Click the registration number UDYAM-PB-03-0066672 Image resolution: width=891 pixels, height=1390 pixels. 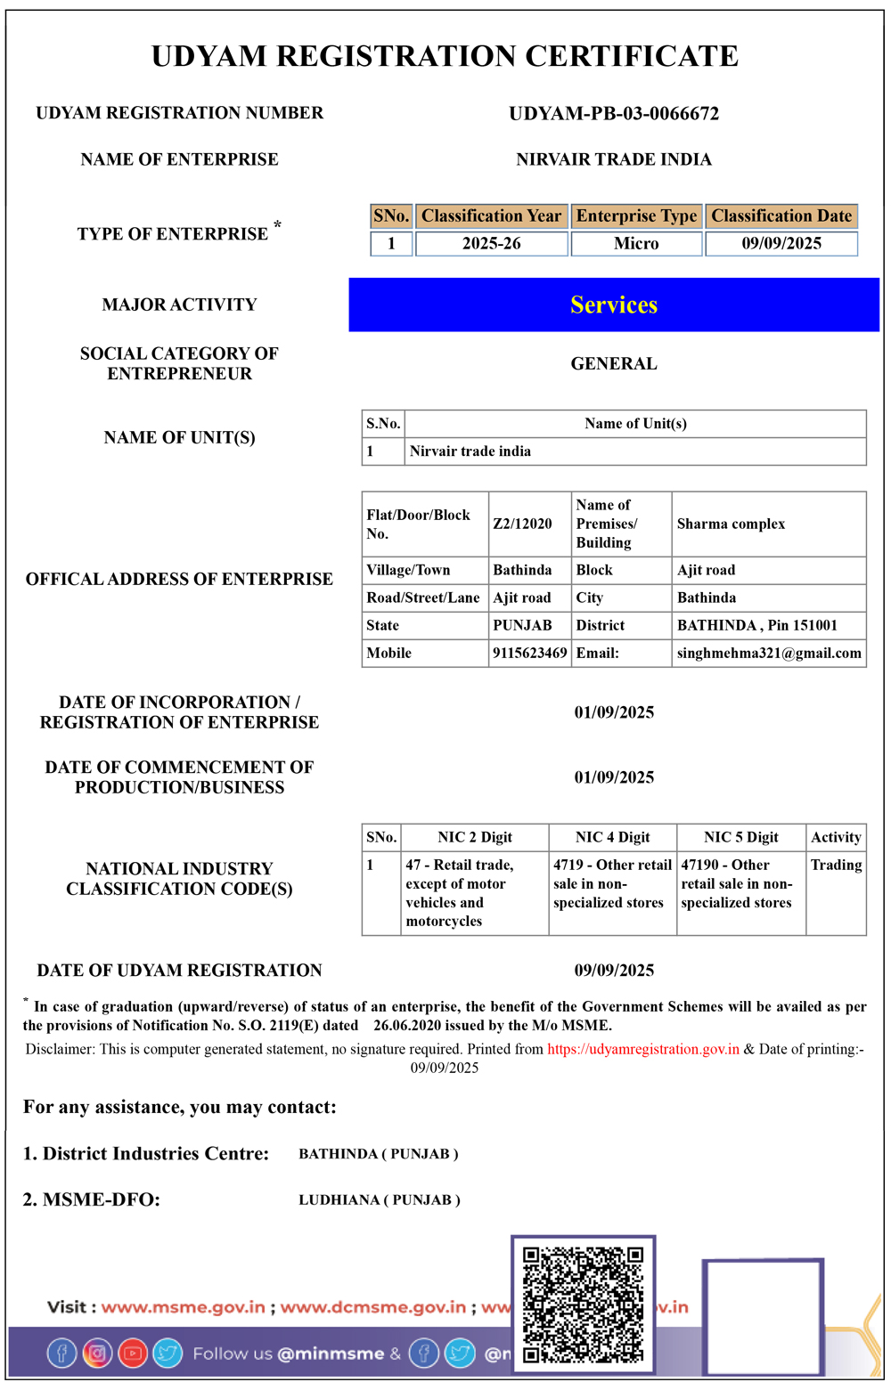(x=614, y=114)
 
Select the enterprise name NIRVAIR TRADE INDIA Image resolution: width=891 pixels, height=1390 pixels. (x=614, y=159)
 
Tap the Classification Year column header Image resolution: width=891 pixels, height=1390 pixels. (x=491, y=216)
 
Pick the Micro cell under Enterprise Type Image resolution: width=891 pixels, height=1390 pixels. (x=636, y=244)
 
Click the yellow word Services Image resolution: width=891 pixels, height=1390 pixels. (x=614, y=305)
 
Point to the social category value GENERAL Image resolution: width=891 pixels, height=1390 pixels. (x=614, y=363)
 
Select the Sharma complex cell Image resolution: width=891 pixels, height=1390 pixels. (x=731, y=524)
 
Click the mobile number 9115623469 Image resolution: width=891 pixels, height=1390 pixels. (x=529, y=653)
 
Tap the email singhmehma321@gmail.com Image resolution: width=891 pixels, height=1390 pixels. (x=769, y=653)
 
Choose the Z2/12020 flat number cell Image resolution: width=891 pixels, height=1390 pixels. (x=522, y=524)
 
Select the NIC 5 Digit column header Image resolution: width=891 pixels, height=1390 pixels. (x=740, y=837)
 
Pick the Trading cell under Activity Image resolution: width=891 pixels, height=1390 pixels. (x=836, y=865)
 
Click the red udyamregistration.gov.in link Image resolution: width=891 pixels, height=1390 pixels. (x=643, y=1049)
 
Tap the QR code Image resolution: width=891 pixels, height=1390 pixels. (x=583, y=1305)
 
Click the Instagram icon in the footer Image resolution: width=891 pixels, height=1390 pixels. (x=97, y=1353)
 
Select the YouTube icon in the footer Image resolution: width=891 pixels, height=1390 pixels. (x=133, y=1353)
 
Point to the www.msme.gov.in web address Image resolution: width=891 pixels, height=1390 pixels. (x=183, y=1307)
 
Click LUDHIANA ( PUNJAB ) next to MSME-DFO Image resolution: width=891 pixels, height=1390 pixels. (x=380, y=1200)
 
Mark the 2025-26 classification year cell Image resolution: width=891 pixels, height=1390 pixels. (x=491, y=244)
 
